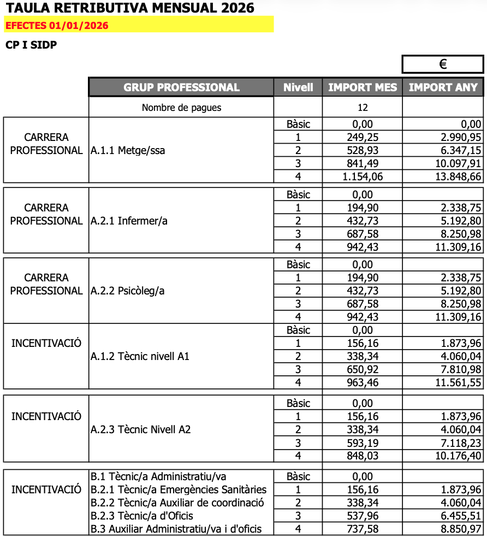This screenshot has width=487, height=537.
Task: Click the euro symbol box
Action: click(443, 64)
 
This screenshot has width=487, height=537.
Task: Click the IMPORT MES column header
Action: click(363, 87)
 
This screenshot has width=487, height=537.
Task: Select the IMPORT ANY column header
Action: click(443, 87)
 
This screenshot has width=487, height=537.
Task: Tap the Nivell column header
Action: click(298, 87)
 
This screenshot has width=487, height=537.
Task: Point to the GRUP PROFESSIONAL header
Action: click(181, 87)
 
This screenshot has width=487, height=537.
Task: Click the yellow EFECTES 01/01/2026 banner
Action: click(139, 25)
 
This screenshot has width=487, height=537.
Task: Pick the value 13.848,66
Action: click(459, 176)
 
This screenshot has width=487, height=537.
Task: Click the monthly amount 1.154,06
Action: click(363, 176)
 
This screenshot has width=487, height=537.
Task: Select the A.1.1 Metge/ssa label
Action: click(128, 150)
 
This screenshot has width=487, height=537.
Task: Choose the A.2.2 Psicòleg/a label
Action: click(128, 291)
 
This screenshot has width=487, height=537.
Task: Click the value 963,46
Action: click(363, 382)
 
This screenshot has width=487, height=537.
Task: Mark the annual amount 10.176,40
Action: click(459, 456)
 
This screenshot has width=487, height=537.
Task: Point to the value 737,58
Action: click(363, 529)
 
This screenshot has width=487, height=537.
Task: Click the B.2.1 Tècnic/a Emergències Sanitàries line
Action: click(179, 489)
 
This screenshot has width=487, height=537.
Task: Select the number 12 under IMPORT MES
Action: click(363, 108)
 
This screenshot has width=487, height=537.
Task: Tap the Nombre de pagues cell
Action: click(181, 108)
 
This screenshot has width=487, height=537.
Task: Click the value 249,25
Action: click(363, 137)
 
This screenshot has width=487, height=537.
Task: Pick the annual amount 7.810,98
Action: click(459, 369)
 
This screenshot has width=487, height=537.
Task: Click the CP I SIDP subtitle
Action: click(31, 45)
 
